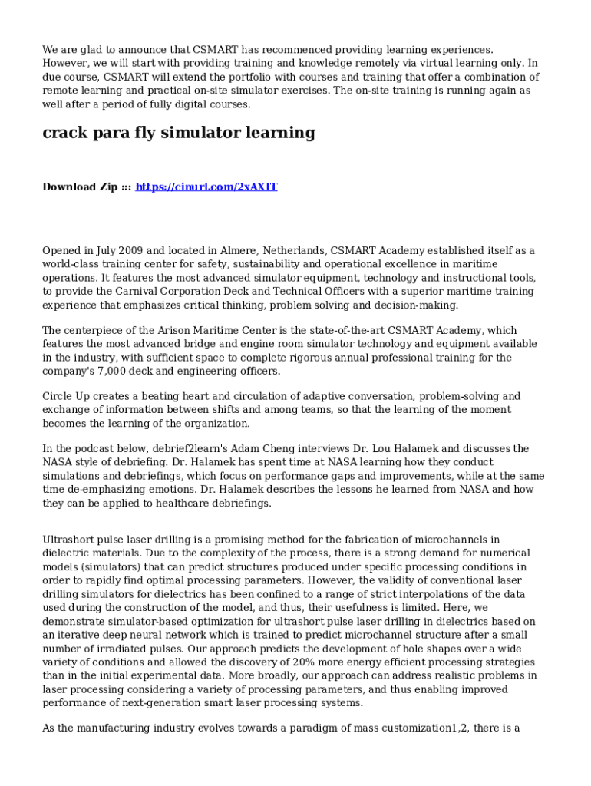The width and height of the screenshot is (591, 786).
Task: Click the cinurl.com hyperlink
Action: pos(206,187)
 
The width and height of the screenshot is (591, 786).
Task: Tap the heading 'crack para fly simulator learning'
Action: pos(179,133)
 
